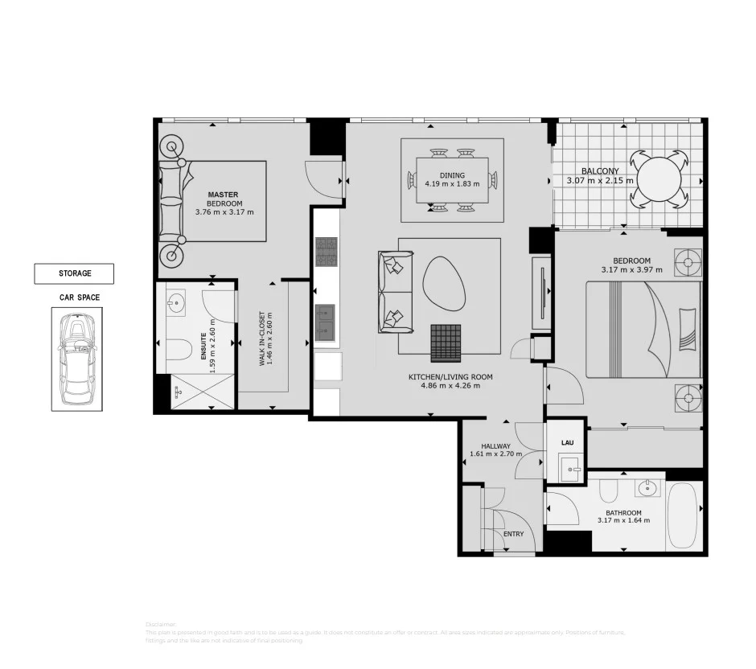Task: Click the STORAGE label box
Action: (x=74, y=273)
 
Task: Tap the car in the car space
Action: (x=78, y=359)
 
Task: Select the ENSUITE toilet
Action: (x=180, y=349)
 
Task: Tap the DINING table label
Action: (x=452, y=175)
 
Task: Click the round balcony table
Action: (x=661, y=179)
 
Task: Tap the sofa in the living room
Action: (x=394, y=292)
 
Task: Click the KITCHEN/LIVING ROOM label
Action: (x=450, y=377)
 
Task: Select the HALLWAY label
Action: (x=495, y=446)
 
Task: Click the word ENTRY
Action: (x=513, y=534)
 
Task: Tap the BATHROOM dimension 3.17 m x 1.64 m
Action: (x=623, y=520)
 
